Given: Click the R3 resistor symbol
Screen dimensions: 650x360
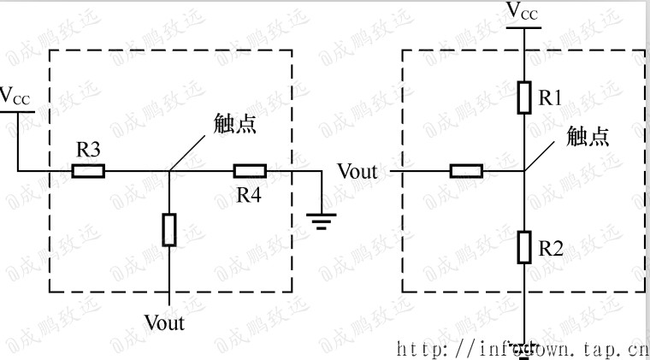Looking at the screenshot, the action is tap(88, 171).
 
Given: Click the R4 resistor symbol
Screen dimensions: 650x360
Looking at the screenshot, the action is tap(250, 171).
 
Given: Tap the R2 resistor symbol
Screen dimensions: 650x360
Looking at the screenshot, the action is tap(524, 248).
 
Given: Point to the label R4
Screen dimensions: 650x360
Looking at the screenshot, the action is tap(249, 195).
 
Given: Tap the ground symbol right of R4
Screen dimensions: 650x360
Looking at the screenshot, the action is tap(322, 221).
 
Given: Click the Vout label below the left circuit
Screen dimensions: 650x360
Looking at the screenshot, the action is tap(164, 323).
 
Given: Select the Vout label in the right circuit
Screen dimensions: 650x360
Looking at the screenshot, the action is tap(357, 171).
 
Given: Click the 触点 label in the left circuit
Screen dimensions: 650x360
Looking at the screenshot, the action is tap(235, 125).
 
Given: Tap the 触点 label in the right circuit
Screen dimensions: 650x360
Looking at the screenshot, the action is tap(588, 136).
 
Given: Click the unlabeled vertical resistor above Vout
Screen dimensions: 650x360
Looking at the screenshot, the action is tap(169, 230).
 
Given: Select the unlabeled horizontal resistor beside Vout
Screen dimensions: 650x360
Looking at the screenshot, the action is tap(466, 171).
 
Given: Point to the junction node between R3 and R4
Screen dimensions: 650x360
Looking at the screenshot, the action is tap(169, 171).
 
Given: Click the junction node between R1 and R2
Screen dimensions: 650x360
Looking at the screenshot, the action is tap(524, 171).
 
